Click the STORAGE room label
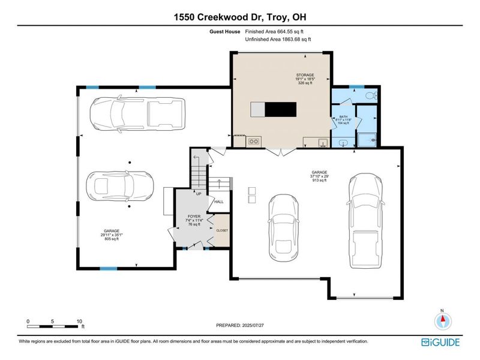click(305, 75)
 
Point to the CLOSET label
click(222, 230)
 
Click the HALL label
click(219, 202)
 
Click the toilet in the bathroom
click(371, 95)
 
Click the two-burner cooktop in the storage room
click(254, 142)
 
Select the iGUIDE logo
click(440, 341)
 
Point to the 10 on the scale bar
click(79, 321)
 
